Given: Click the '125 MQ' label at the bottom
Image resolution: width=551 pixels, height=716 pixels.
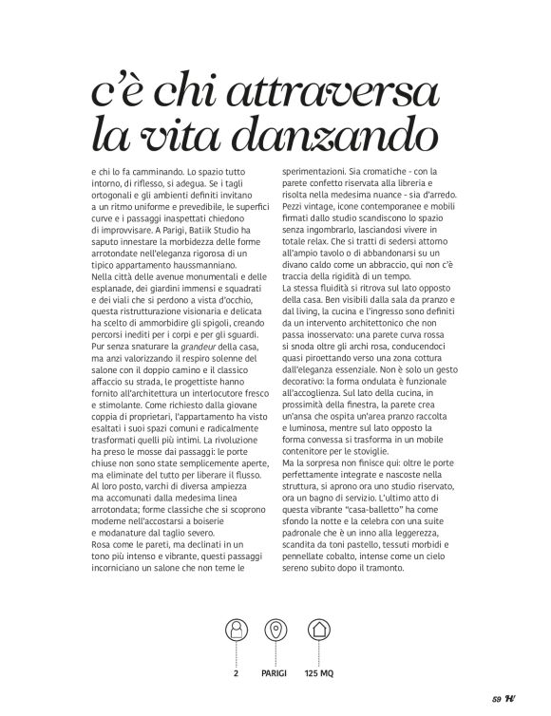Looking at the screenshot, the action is tap(319, 673).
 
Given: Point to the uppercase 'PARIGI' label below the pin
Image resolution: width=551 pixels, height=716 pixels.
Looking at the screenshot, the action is tap(275, 673).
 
